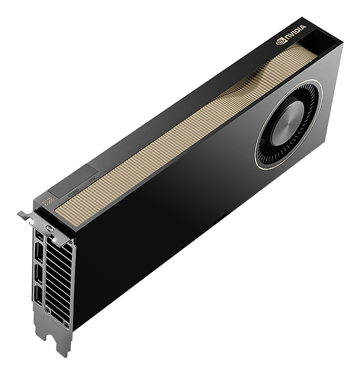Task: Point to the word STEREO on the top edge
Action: click(x=74, y=192)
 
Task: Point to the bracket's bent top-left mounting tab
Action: click(x=25, y=216)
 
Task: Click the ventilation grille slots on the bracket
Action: click(x=59, y=280)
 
